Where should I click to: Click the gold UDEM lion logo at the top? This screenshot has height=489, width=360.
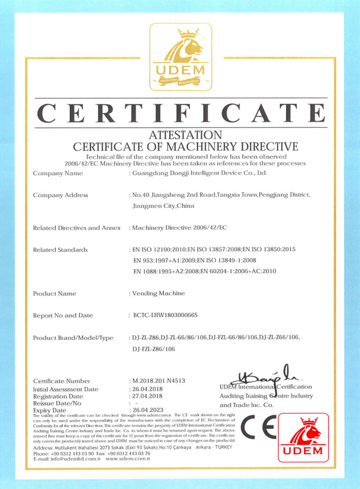[x=181, y=56]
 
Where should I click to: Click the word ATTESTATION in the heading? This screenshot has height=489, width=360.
[x=181, y=134]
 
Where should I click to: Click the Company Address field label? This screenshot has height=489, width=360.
[x=61, y=195]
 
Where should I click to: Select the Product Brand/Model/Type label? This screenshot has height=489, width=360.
[x=73, y=337]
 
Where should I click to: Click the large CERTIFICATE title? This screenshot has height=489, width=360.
[x=181, y=112]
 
